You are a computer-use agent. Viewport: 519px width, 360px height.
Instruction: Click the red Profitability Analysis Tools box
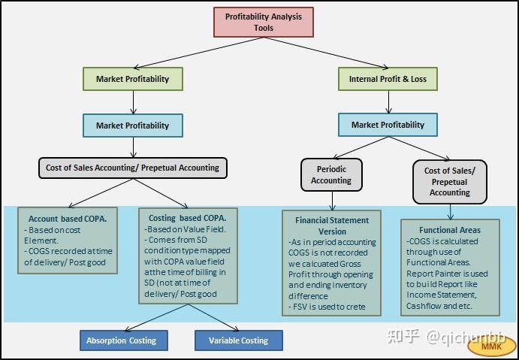264,23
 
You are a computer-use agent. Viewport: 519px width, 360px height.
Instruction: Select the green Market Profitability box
133,79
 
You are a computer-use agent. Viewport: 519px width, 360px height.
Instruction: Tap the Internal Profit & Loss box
388,79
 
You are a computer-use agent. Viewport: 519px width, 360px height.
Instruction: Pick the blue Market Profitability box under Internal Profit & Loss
388,125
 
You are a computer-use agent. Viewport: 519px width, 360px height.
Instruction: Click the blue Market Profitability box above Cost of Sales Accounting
133,126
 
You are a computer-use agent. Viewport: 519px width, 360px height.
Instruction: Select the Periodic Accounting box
331,174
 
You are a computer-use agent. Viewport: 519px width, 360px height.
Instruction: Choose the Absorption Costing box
124,340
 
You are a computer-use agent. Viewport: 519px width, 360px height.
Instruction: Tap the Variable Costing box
239,340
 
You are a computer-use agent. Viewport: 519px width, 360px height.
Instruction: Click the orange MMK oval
492,346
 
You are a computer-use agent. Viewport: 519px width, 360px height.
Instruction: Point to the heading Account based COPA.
68,219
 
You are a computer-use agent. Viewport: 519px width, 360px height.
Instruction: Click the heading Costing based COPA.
187,218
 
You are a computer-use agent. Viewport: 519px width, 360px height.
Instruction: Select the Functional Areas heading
450,230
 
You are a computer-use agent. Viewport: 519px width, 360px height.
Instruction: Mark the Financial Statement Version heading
332,226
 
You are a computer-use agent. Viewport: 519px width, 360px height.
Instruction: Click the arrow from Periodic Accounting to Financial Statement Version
332,201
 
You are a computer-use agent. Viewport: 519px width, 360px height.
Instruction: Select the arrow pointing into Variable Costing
213,317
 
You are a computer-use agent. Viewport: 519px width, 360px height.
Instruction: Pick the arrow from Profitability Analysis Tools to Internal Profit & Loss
326,53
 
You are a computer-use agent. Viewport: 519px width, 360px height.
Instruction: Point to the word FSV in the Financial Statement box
300,307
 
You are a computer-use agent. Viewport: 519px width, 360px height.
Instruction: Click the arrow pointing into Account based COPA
101,193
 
